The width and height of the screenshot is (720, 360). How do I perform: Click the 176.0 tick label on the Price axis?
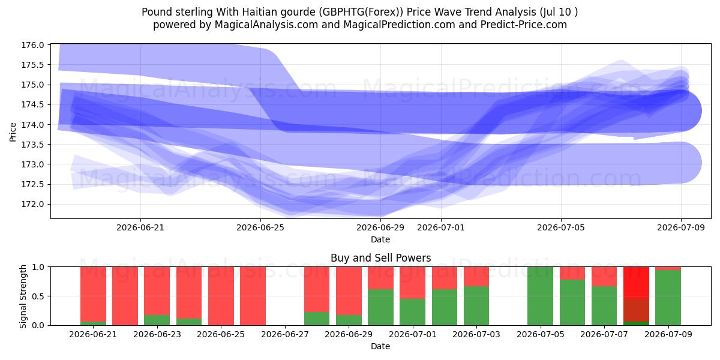32,45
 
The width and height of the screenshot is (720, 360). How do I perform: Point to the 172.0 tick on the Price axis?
32,205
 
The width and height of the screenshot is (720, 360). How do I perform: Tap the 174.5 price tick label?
32,105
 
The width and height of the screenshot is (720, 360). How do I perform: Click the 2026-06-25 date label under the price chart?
260,227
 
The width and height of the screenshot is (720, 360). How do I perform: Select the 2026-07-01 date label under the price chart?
440,227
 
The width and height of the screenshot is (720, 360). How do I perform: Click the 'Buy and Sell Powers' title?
380,258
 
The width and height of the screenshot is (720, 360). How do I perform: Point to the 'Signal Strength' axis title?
23,296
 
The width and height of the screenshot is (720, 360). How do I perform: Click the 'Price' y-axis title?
13,132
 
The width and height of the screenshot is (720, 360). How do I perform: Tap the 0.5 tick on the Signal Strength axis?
38,296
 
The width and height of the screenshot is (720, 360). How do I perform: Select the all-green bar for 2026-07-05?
540,296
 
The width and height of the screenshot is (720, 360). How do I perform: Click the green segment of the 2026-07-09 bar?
668,298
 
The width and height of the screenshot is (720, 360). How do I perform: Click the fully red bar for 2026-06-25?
221,296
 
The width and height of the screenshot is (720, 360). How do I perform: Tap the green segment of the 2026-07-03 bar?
476,305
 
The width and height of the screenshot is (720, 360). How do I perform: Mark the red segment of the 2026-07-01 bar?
412,283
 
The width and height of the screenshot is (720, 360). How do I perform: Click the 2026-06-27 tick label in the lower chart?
285,334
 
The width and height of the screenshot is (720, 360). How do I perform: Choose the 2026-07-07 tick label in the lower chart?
604,334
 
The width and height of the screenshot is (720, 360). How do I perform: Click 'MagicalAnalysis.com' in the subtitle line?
266,25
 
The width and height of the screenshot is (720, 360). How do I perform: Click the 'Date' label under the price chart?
380,239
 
